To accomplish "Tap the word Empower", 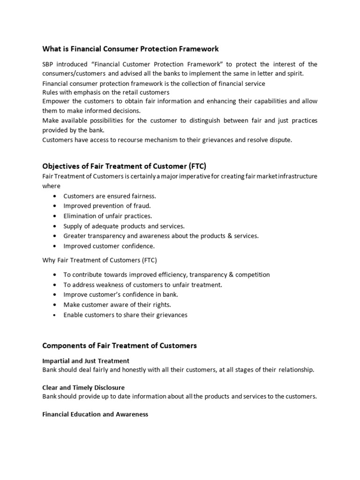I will [55, 101].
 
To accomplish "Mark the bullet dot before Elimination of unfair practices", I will [55, 216].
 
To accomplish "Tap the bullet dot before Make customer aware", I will [55, 305].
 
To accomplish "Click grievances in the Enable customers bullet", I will [168, 315].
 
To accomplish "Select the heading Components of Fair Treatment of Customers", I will [120, 345].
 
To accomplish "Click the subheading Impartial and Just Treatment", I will [86, 360].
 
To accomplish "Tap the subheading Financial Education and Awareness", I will [95, 414].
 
